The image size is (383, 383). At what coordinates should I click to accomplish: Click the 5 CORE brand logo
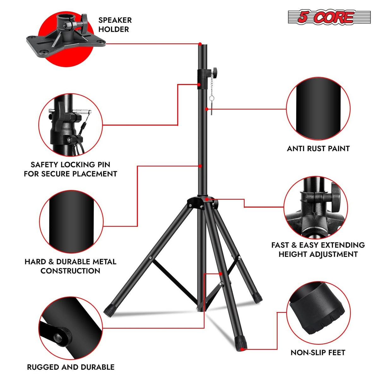click(x=329, y=17)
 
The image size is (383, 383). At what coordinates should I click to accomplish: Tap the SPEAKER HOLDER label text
click(x=115, y=25)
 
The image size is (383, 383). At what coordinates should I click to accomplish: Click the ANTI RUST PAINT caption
click(x=318, y=149)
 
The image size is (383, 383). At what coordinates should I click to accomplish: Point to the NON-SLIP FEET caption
click(x=318, y=352)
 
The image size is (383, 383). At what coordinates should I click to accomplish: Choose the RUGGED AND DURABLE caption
click(x=71, y=367)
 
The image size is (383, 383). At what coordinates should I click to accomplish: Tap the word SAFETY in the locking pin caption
click(x=44, y=165)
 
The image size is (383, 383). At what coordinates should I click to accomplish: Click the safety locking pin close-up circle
click(x=70, y=125)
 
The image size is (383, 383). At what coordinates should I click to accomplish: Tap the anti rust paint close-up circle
click(x=318, y=109)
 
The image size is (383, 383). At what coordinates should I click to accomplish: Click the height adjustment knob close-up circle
click(x=315, y=207)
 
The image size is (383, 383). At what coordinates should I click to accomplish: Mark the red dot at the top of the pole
click(x=200, y=44)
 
